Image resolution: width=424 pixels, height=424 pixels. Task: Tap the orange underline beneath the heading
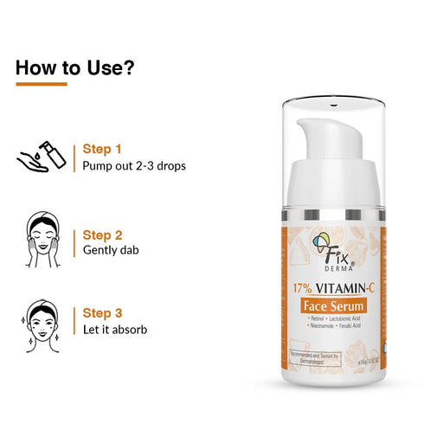tap(41, 84)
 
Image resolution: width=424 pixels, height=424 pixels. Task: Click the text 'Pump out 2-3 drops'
tap(134, 165)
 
